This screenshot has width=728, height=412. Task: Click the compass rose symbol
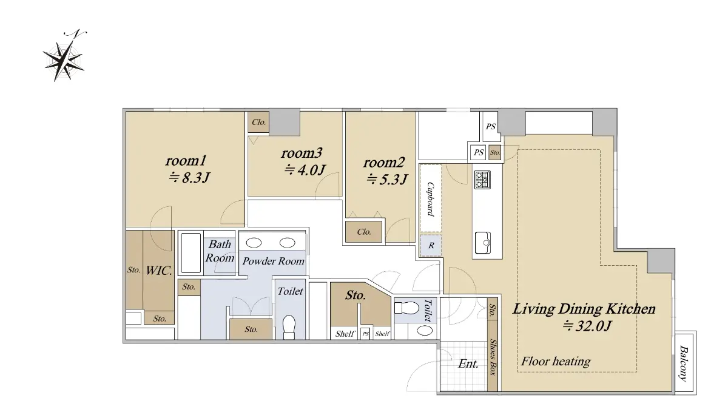point(64,58)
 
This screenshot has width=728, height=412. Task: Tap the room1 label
point(186,160)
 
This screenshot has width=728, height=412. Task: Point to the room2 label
point(384,163)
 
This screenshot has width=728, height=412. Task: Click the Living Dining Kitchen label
point(584,309)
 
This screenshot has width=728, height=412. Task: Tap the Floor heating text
point(556,361)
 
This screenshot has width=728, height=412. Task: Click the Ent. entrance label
point(468,363)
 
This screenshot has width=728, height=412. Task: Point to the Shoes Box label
point(493,357)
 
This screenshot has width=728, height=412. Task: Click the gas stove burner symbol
point(482,180)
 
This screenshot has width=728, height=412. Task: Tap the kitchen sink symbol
point(483,243)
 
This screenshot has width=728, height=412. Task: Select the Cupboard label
point(430,199)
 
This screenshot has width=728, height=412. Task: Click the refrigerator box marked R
point(431,245)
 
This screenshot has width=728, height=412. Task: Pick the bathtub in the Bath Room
point(190,253)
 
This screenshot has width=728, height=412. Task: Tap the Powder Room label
point(274,261)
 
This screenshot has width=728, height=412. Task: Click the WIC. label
point(158,271)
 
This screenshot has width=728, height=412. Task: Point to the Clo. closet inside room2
point(363,232)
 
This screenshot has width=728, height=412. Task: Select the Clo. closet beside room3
point(258,123)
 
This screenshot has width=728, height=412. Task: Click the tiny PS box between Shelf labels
point(366,334)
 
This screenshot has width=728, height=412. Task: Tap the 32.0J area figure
point(587,325)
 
